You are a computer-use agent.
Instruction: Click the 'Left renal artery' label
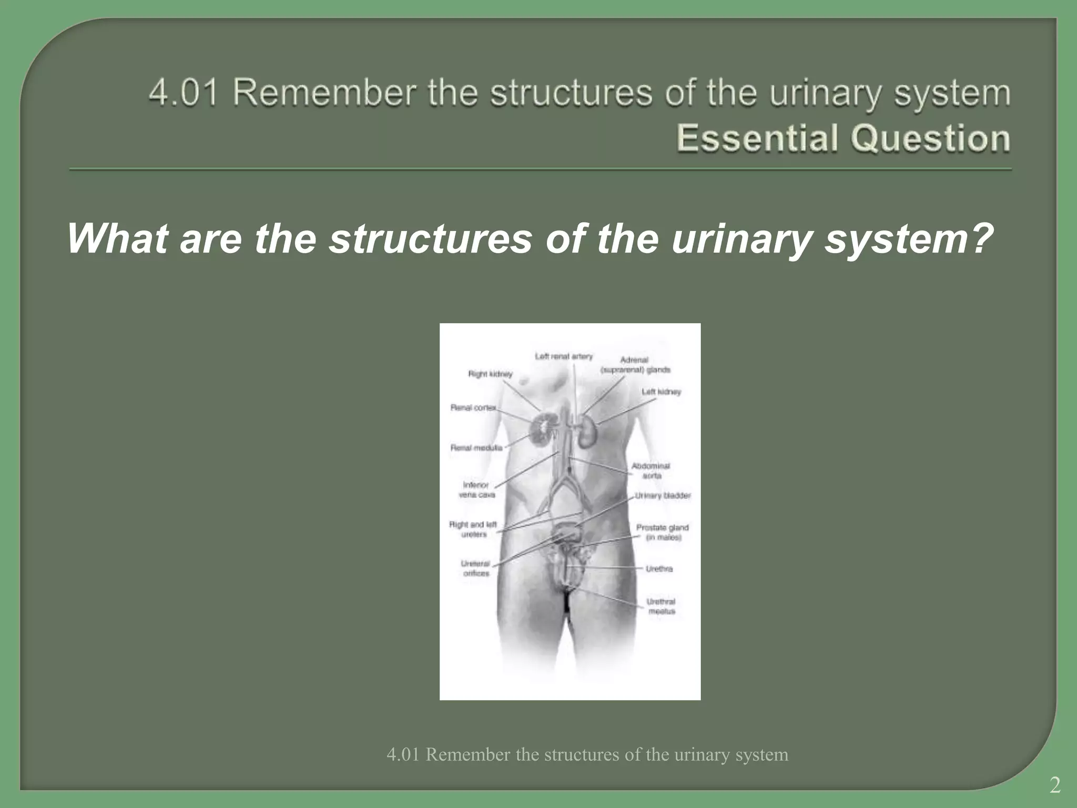pyautogui.click(x=564, y=357)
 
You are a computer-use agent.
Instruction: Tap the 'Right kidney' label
pyautogui.click(x=490, y=374)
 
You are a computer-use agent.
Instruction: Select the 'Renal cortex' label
pyautogui.click(x=473, y=408)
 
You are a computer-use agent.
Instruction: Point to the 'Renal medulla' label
pyautogui.click(x=476, y=448)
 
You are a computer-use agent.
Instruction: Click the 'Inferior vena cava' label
pyautogui.click(x=476, y=490)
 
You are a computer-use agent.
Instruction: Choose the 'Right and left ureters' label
pyautogui.click(x=473, y=529)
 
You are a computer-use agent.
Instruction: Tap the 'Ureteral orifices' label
pyautogui.click(x=476, y=569)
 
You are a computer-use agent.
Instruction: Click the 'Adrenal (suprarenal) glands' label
pyautogui.click(x=635, y=365)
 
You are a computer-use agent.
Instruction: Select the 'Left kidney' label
pyautogui.click(x=661, y=392)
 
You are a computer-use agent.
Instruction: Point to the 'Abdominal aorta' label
pyautogui.click(x=651, y=471)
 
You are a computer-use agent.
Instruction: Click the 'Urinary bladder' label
pyautogui.click(x=663, y=496)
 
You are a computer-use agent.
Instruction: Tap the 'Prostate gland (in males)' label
pyautogui.click(x=663, y=532)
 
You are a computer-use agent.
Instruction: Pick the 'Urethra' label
pyautogui.click(x=659, y=569)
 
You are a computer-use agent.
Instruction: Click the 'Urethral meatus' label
pyautogui.click(x=661, y=607)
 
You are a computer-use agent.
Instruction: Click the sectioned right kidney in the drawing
pyautogui.click(x=542, y=428)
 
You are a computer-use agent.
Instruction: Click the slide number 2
pyautogui.click(x=1055, y=785)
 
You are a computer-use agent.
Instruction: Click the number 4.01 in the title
pyautogui.click(x=183, y=93)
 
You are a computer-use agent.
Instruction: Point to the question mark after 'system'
pyautogui.click(x=979, y=238)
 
